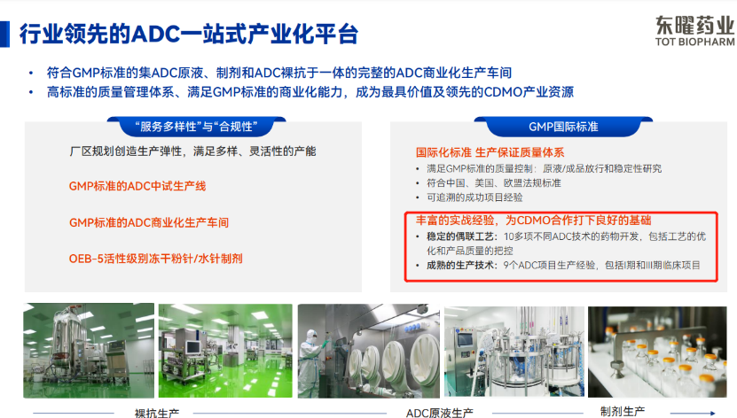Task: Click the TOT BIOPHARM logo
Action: coord(694,31)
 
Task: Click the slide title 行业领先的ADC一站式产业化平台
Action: coord(189,35)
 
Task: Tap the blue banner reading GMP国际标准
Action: coord(563,127)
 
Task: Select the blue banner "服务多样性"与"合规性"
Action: coord(196,127)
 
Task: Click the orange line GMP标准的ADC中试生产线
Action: coord(137,186)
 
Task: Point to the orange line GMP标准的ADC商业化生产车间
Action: coord(149,222)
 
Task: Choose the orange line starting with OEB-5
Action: coord(155,259)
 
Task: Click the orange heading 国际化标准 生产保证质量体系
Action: coord(490,152)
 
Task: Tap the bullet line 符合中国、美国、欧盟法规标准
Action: coord(493,183)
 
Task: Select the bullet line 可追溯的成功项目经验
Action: coord(474,197)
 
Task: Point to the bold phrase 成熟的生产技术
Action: coord(460,266)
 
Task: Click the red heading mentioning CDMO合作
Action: coord(534,220)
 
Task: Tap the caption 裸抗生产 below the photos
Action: coord(157,413)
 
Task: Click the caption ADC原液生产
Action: coord(440,413)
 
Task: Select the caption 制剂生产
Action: coord(623,412)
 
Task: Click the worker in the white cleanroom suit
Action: coord(311,362)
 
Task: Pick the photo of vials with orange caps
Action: coord(657,352)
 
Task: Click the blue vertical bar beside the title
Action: coord(4,35)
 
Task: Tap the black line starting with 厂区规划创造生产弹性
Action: coord(192,151)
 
